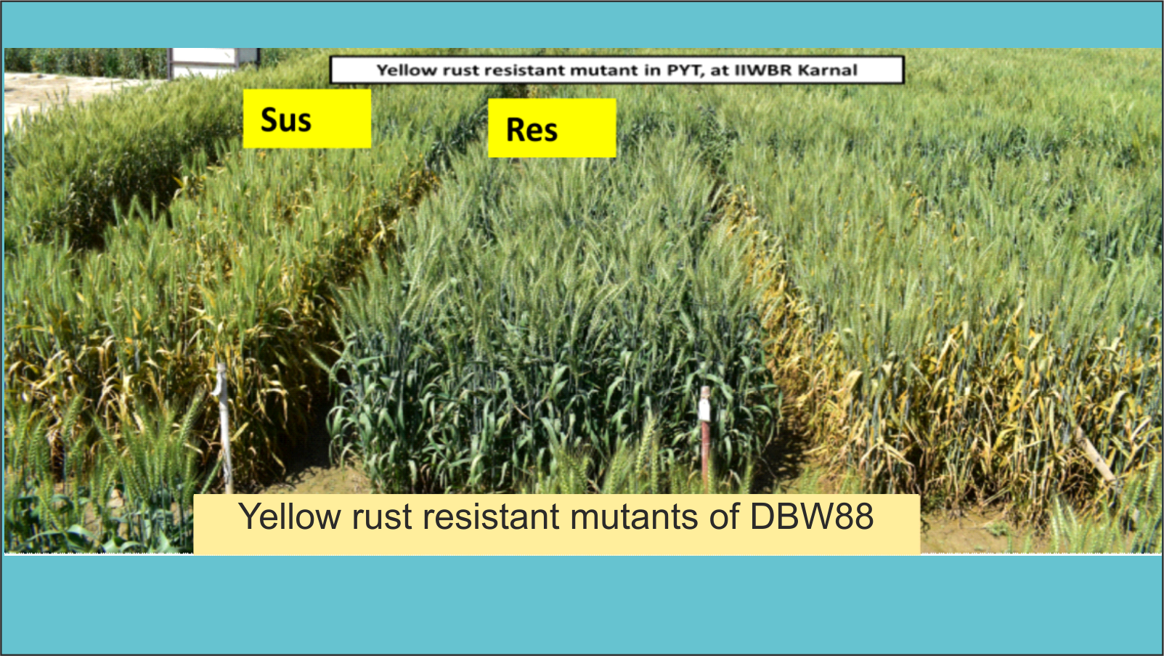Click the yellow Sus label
pos(307,118)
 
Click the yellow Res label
pos(552,128)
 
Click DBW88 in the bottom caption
pos(811,517)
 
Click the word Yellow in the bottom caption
pos(290,517)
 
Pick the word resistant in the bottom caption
pos(491,517)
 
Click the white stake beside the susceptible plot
pos(224,427)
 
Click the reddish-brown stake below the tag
pos(705,453)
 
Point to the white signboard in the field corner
pos(213,63)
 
